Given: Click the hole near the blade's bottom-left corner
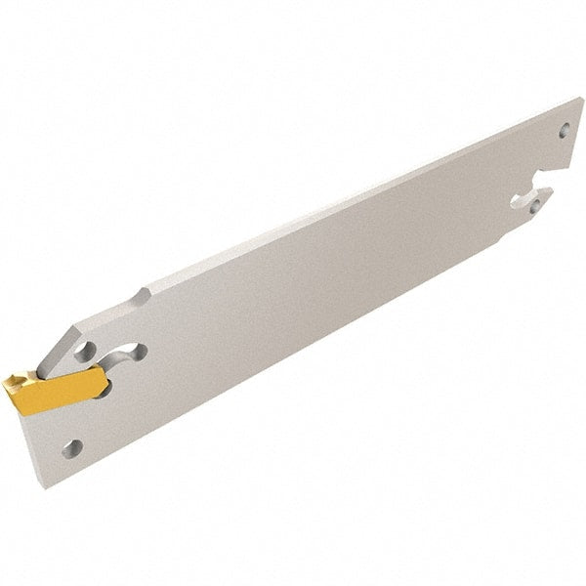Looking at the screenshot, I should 69,447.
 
